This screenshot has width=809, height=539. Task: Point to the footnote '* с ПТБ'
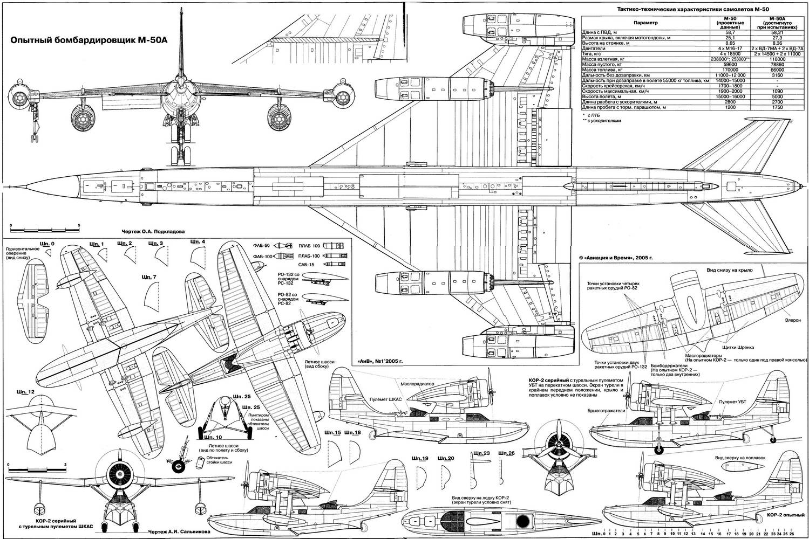592,115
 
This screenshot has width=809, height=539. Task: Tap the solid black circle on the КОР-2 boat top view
522,521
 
